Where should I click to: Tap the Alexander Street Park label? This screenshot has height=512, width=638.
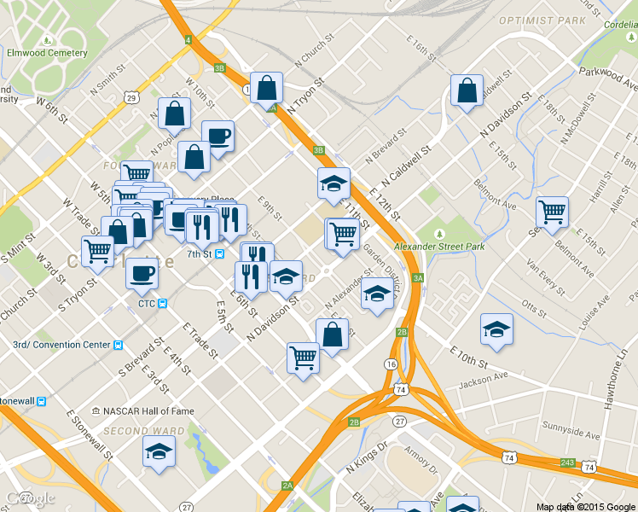click(x=440, y=247)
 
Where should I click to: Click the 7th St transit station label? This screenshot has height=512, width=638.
click(x=200, y=253)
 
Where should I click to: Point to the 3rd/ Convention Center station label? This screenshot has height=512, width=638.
click(x=61, y=345)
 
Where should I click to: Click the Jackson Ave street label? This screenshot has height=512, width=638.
click(x=482, y=376)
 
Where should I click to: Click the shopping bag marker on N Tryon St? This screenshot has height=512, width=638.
click(x=268, y=86)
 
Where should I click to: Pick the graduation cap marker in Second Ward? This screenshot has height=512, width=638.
click(x=159, y=450)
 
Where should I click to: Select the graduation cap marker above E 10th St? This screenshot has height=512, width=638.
click(x=496, y=329)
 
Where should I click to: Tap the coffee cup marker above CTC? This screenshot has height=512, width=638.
click(x=142, y=272)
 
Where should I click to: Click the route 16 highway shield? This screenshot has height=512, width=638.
click(x=391, y=364)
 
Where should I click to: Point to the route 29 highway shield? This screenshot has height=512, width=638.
click(x=130, y=99)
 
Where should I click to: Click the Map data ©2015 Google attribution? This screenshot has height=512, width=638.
click(x=585, y=506)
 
